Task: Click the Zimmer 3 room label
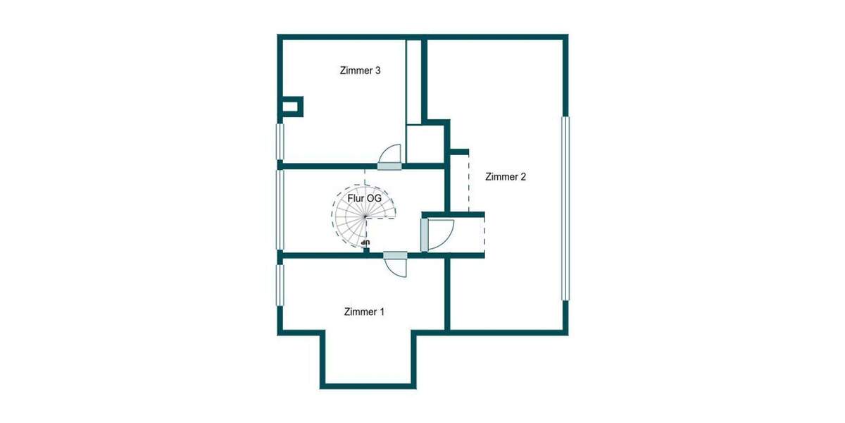coord(361,70)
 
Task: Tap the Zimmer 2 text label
coord(506,177)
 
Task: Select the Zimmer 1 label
coord(364,311)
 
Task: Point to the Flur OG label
coord(365,199)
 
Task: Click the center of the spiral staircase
coord(365,217)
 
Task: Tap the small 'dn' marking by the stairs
coord(365,243)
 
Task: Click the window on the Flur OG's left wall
coord(280,209)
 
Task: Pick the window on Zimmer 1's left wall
coord(280,285)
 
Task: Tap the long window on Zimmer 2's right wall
coord(565,208)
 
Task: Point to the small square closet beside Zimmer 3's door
coord(425,145)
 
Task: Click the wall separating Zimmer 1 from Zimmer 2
coord(447,293)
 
